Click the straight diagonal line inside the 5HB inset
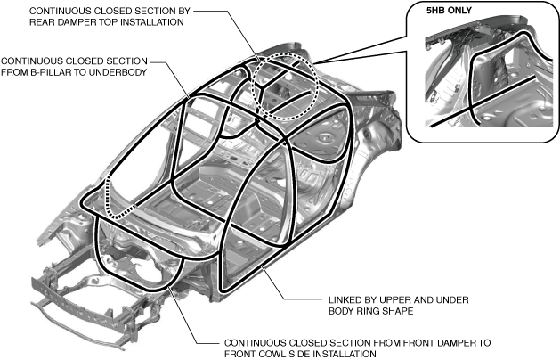485,101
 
